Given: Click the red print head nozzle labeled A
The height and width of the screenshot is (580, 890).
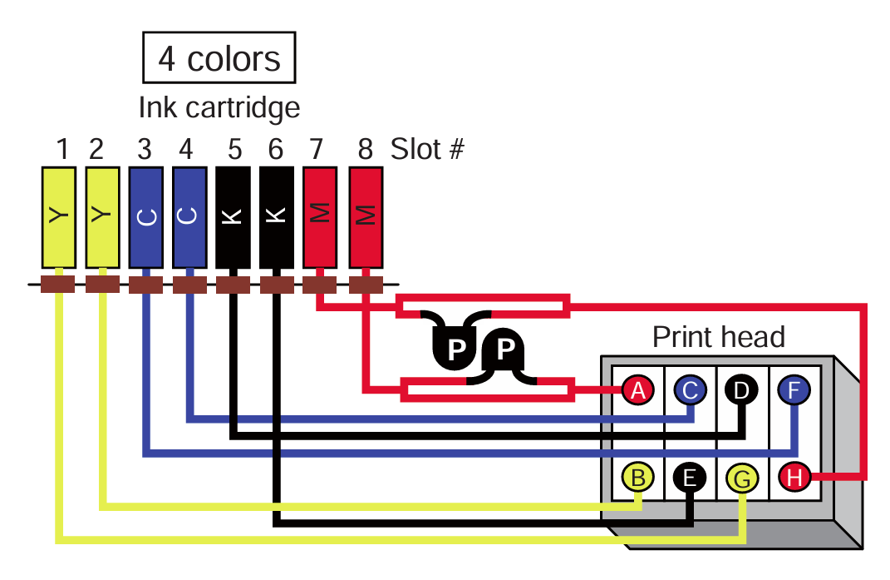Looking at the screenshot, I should [638, 389].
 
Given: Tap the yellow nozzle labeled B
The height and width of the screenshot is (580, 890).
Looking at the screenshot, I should [638, 477].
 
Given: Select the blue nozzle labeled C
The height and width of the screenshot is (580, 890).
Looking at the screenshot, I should [690, 389].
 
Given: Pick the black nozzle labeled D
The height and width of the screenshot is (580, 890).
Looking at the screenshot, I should [742, 389].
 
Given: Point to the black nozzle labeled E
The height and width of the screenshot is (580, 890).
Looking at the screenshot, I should [690, 477].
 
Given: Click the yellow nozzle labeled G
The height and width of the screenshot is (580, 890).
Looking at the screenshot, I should [742, 478].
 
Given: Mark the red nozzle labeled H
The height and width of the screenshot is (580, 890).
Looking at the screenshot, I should [794, 477].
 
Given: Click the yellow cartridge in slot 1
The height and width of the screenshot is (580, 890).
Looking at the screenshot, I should [58, 216].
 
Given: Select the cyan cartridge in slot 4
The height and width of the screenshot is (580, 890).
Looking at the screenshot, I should [189, 216].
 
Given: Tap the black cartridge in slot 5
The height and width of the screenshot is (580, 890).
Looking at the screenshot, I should [233, 216].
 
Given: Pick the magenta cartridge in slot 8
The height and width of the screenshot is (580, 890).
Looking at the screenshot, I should [366, 216].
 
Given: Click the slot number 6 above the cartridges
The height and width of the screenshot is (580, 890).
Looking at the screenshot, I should [276, 150].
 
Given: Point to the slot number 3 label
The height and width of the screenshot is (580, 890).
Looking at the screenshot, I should [145, 150].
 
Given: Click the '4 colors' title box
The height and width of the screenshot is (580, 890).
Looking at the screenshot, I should [219, 59].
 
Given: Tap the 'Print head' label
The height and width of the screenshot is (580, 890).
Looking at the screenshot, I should [718, 337].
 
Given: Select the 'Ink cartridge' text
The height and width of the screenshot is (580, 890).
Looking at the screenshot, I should [219, 107].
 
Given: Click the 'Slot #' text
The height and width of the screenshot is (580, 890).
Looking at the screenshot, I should [427, 150].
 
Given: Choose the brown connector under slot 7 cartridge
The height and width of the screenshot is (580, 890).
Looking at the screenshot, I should [319, 285].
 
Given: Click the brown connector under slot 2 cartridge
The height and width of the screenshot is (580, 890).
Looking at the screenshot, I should [102, 285].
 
